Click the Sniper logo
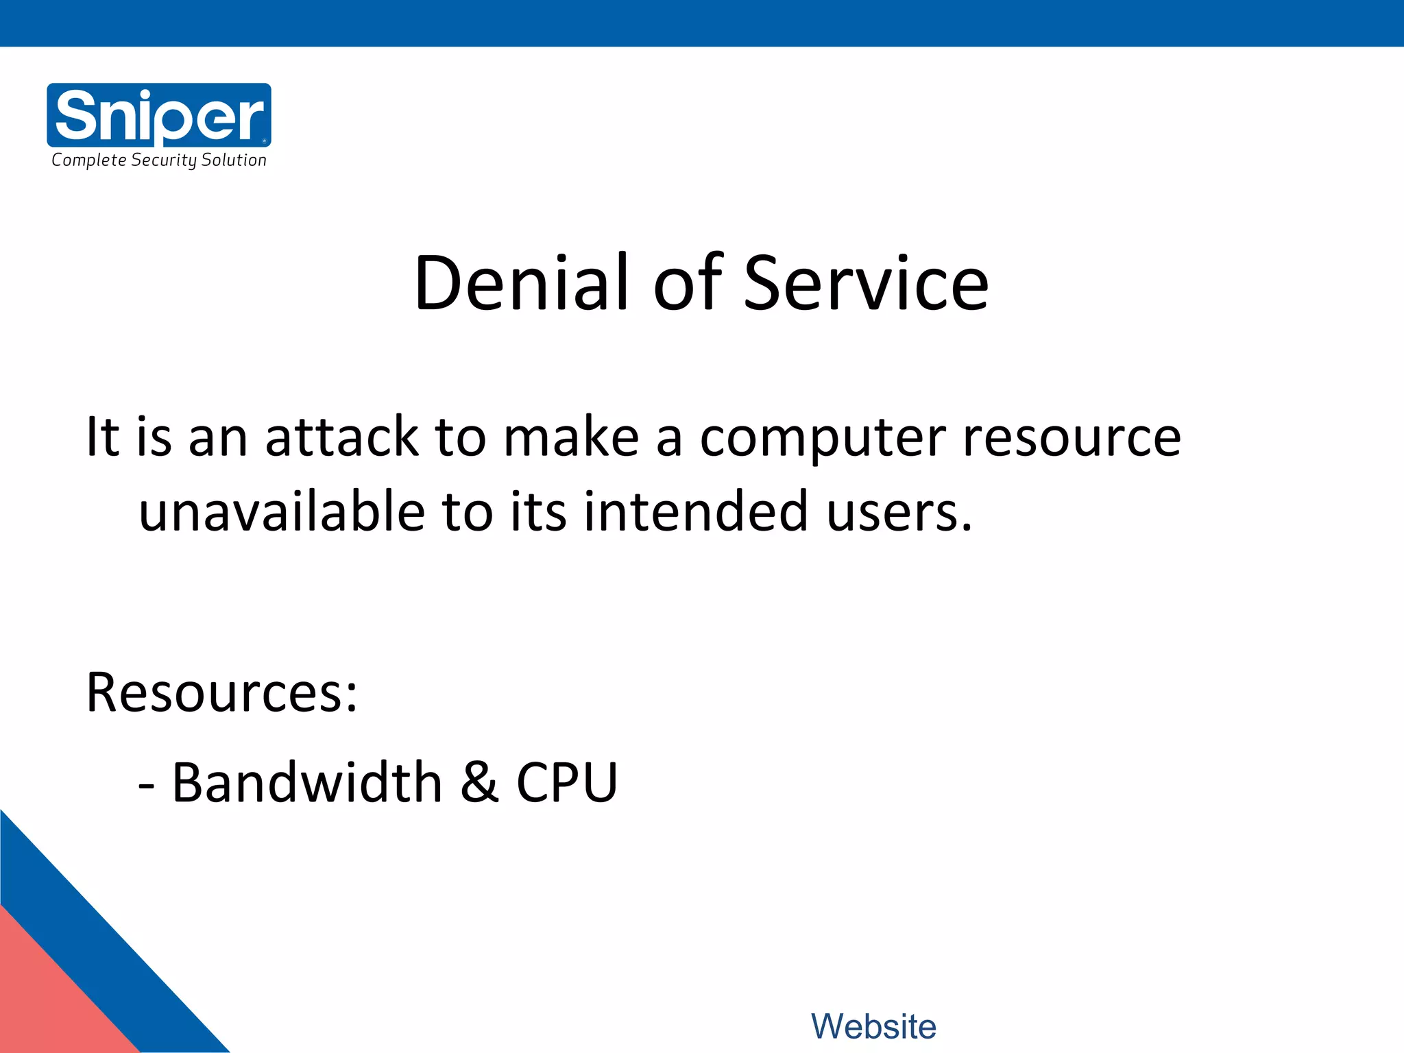[x=159, y=114]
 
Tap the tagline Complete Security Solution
[x=159, y=160]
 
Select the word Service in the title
[x=866, y=283]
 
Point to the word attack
[x=341, y=437]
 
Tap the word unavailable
[x=282, y=511]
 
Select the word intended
[x=696, y=511]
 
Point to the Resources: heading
[x=221, y=692]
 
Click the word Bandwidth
[x=307, y=782]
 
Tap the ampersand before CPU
[x=479, y=782]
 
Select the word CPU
[x=567, y=782]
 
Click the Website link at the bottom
[x=873, y=1026]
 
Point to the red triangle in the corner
[x=48, y=1001]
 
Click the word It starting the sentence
[x=102, y=437]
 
